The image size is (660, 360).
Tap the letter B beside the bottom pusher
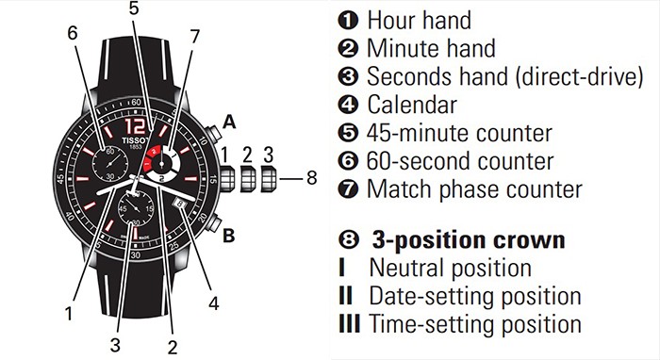click(x=228, y=237)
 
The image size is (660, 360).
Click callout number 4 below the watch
click(x=213, y=303)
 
